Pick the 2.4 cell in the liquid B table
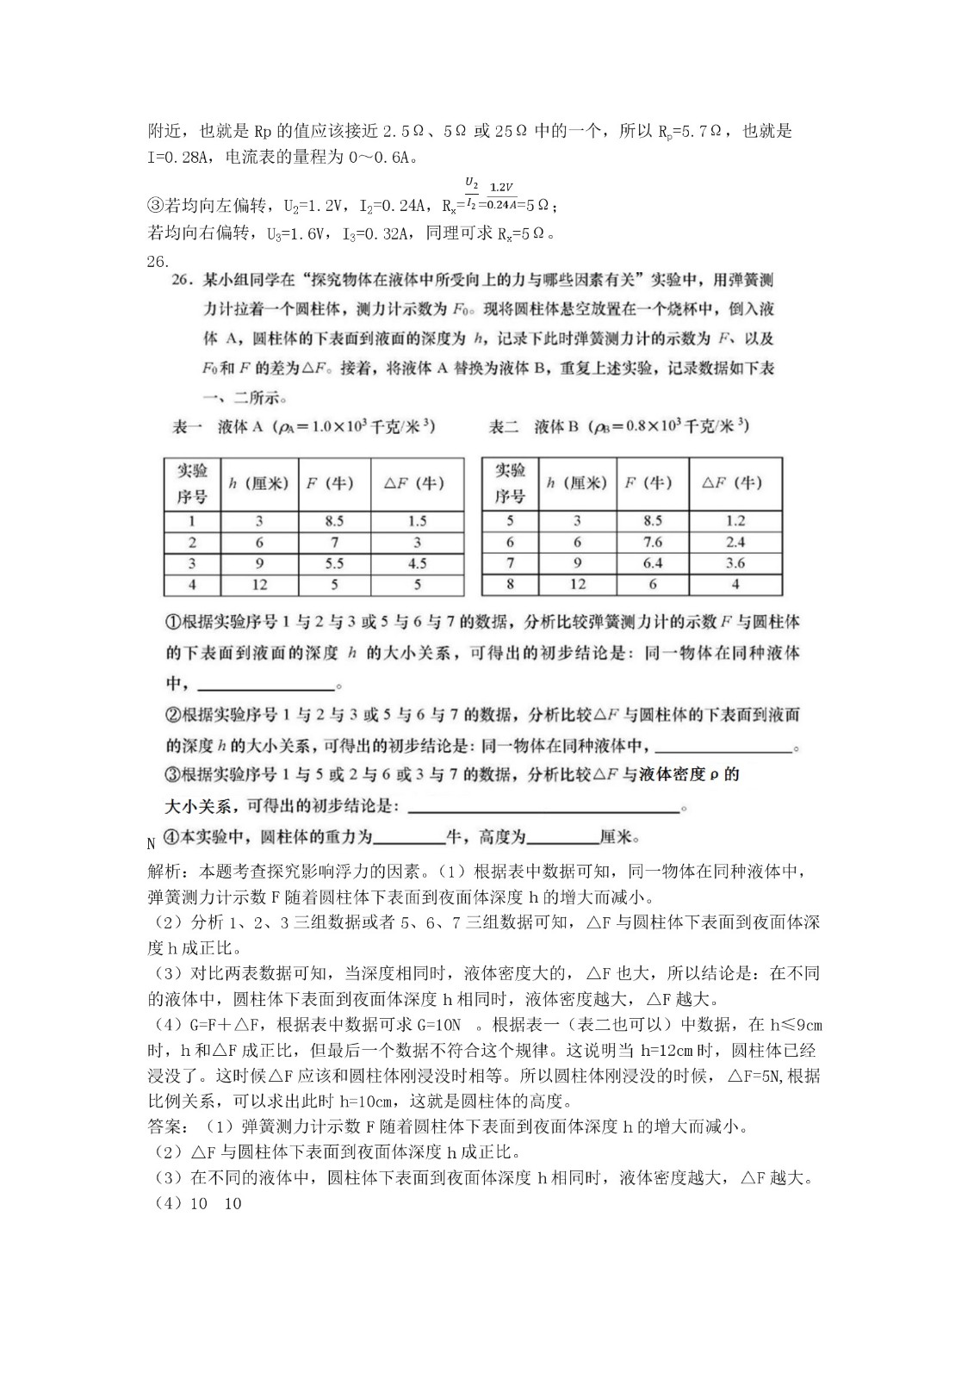735,542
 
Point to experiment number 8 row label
510,584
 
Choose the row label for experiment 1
192,521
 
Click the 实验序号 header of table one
192,484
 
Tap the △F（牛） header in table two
735,483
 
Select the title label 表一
188,426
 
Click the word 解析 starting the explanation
164,870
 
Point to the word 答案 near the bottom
164,1127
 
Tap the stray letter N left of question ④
152,843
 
